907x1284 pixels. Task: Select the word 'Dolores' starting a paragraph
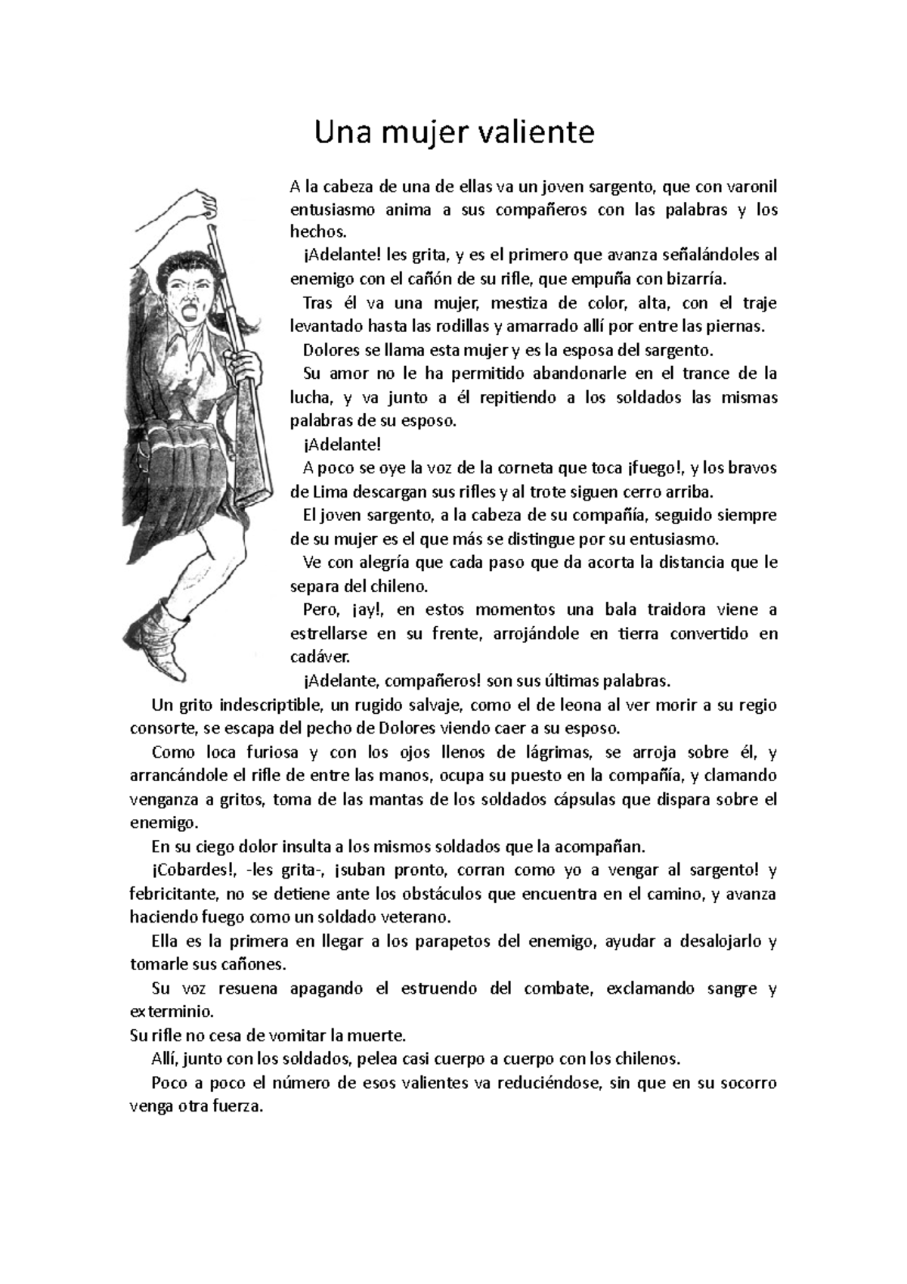(328, 350)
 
